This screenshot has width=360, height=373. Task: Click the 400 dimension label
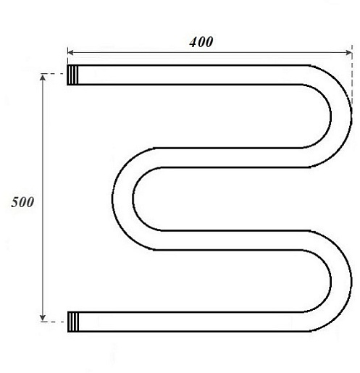click(201, 42)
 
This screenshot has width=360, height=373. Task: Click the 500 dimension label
click(22, 202)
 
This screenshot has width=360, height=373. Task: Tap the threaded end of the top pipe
click(72, 75)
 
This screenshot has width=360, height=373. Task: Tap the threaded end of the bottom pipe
click(73, 322)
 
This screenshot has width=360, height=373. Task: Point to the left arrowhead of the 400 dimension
click(70, 52)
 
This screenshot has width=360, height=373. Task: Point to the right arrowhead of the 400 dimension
click(349, 53)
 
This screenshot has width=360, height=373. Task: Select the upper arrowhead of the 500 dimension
click(43, 77)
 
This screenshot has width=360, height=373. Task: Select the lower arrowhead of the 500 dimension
click(43, 318)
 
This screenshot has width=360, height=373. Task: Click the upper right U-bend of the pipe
click(341, 116)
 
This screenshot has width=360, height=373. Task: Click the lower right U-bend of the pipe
click(341, 281)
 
